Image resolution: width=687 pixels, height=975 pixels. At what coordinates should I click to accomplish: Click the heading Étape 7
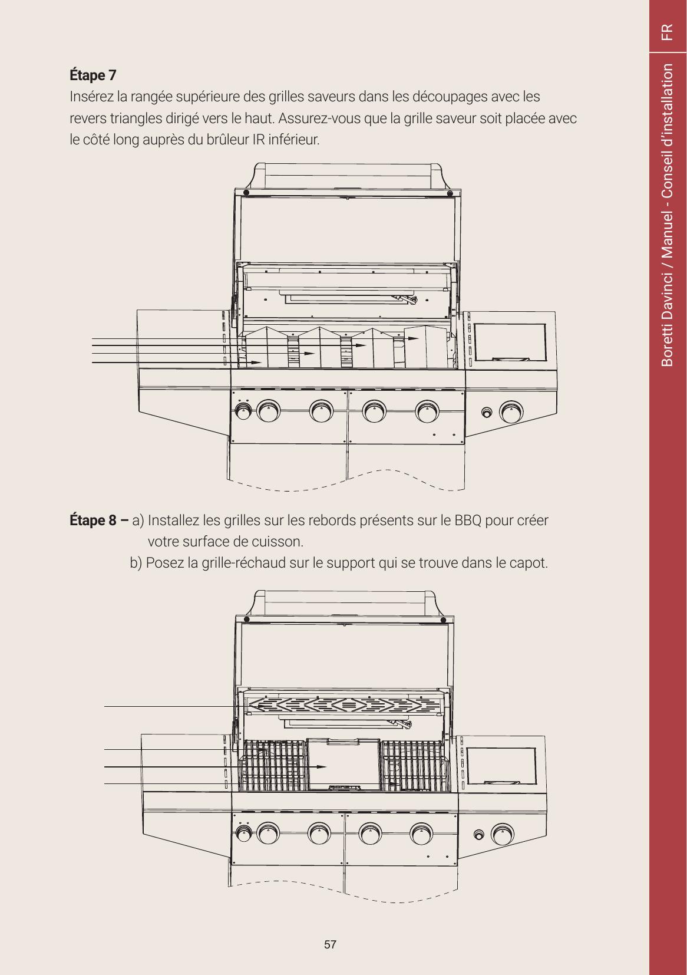[x=93, y=75]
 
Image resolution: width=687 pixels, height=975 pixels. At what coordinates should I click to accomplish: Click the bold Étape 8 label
[x=93, y=520]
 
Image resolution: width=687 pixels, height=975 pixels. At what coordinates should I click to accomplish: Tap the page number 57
[x=330, y=944]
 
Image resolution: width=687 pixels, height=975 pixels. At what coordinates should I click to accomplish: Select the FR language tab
[x=667, y=32]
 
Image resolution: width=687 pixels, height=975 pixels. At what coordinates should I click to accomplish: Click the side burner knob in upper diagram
[x=511, y=412]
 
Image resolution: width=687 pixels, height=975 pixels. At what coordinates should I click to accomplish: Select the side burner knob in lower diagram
[x=503, y=835]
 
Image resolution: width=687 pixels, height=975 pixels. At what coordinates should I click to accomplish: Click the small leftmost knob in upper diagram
[x=243, y=411]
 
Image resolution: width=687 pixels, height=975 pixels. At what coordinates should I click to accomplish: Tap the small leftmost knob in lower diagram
[x=243, y=834]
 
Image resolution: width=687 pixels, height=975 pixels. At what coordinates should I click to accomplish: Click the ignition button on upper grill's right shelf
[x=487, y=412]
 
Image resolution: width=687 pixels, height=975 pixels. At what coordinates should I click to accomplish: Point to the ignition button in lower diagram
[x=478, y=835]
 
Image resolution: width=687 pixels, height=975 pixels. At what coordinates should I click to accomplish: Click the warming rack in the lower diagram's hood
[x=343, y=704]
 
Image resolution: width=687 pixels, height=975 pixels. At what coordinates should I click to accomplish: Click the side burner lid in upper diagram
[x=510, y=342]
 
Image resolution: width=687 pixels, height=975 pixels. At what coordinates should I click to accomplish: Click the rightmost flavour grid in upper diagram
[x=425, y=347]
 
